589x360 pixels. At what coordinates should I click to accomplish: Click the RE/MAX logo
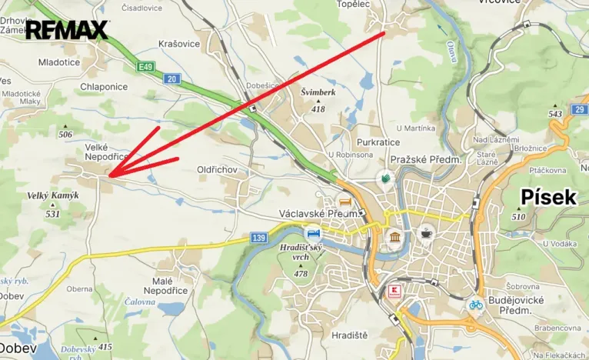(x=67, y=30)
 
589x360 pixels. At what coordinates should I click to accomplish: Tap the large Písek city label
(x=548, y=197)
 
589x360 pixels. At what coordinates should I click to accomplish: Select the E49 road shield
(x=146, y=67)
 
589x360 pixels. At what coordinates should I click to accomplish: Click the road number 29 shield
(x=578, y=110)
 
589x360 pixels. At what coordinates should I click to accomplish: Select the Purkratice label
(x=379, y=142)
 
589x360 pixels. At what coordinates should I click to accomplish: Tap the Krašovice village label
(x=178, y=44)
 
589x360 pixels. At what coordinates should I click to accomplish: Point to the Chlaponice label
(x=104, y=87)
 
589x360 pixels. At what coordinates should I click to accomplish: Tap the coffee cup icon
(x=425, y=232)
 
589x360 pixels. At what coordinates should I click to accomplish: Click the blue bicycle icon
(x=477, y=305)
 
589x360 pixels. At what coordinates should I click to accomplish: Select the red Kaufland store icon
(x=393, y=292)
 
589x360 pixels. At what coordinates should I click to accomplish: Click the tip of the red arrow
(x=110, y=176)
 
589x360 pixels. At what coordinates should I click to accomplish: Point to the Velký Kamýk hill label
(x=52, y=195)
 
